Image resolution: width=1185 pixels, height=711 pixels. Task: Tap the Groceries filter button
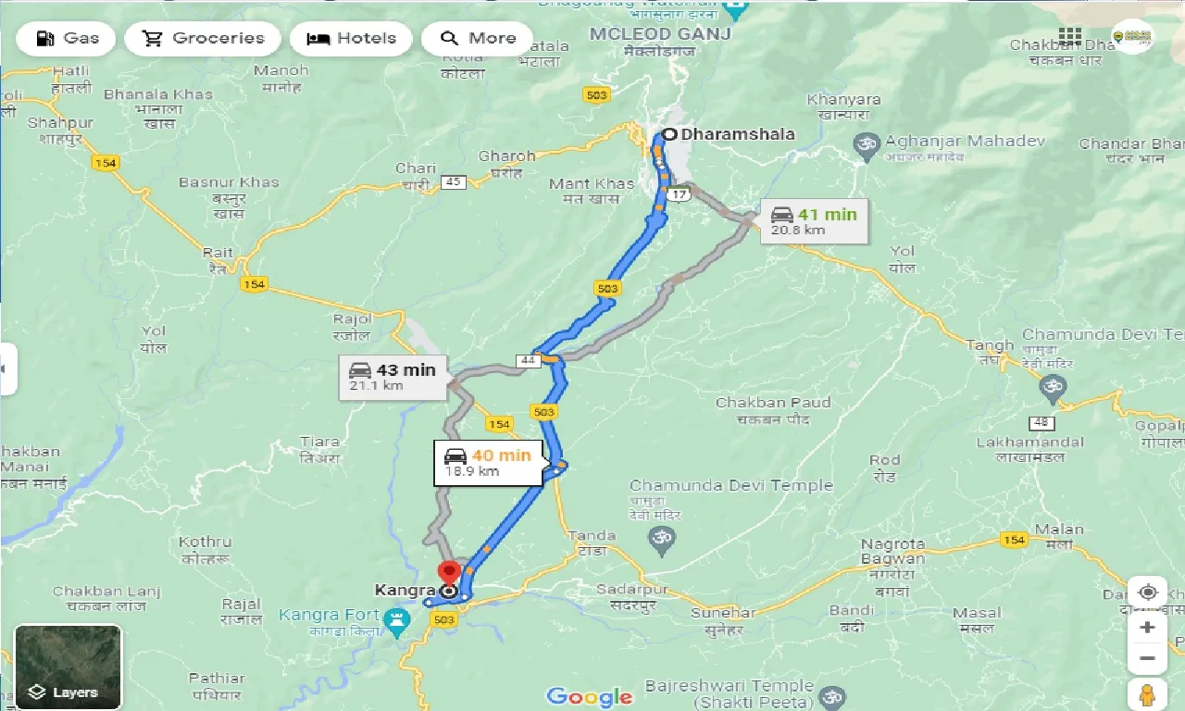(203, 39)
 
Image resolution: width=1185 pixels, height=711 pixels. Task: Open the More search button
(477, 39)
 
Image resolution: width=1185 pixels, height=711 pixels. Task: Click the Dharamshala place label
(737, 134)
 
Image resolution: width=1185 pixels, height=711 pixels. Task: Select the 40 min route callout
(488, 462)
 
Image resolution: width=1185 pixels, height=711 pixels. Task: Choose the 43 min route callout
(393, 377)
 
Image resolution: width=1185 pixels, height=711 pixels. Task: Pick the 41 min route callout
(814, 221)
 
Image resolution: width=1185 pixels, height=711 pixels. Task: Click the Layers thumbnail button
(68, 667)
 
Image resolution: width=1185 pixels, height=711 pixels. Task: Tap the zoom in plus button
(1148, 628)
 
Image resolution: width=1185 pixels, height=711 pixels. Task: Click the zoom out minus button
(1148, 659)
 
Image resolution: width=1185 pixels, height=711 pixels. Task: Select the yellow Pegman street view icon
(1148, 693)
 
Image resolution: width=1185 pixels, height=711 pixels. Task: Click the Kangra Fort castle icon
(397, 618)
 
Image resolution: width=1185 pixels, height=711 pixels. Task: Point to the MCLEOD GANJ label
(659, 34)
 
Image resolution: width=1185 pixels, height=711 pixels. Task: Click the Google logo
(589, 696)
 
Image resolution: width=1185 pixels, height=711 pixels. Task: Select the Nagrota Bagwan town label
(892, 552)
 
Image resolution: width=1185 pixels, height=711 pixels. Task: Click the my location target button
(1148, 592)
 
